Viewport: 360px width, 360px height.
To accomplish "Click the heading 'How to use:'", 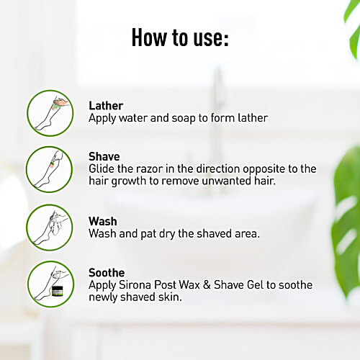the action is [180, 37].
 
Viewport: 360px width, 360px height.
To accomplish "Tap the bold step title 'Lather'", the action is [106, 106].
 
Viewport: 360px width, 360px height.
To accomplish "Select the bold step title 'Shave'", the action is [104, 157].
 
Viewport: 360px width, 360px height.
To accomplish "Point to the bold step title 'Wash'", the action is [103, 221].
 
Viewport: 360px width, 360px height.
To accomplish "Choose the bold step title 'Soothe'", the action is [107, 273].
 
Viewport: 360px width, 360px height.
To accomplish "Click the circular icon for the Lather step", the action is [50, 113].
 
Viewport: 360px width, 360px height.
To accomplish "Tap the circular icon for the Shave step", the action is [49, 169].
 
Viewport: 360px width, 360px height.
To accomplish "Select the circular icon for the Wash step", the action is [50, 228].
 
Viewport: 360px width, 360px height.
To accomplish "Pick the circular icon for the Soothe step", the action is [50, 284].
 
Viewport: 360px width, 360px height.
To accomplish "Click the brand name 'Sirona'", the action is [135, 285].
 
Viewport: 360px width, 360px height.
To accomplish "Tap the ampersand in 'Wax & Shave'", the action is [207, 285].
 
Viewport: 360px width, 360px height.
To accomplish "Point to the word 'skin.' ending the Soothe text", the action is [170, 297].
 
